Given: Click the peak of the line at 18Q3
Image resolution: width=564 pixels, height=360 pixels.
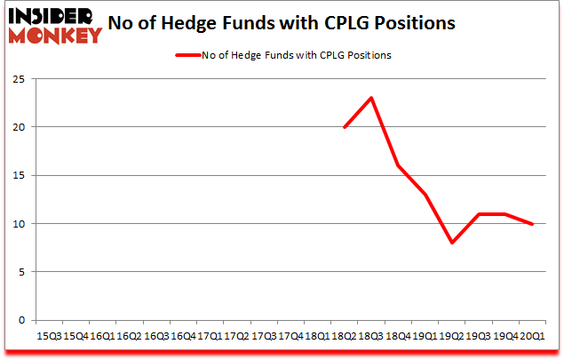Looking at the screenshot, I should pyautogui.click(x=370, y=98).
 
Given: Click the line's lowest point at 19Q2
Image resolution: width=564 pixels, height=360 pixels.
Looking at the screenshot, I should pyautogui.click(x=451, y=243).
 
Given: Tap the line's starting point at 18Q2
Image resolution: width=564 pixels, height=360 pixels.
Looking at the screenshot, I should pyautogui.click(x=344, y=127).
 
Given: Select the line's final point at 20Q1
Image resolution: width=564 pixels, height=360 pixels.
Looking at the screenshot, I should pyautogui.click(x=532, y=224).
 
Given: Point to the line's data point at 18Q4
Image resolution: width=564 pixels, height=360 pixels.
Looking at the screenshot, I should pyautogui.click(x=398, y=165).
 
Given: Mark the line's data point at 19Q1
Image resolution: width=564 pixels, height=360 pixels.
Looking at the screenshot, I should pyautogui.click(x=425, y=195).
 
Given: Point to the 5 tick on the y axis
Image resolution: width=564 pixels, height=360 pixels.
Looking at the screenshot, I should pyautogui.click(x=20, y=272).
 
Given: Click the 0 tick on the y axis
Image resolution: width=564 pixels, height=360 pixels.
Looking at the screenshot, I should pyautogui.click(x=20, y=320).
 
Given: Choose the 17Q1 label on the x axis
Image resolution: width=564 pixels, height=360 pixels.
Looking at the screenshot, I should pyautogui.click(x=210, y=336).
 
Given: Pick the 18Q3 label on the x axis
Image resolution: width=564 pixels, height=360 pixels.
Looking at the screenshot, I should pyautogui.click(x=370, y=336).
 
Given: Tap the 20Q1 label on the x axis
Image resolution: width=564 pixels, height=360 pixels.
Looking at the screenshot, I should pyautogui.click(x=532, y=336).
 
